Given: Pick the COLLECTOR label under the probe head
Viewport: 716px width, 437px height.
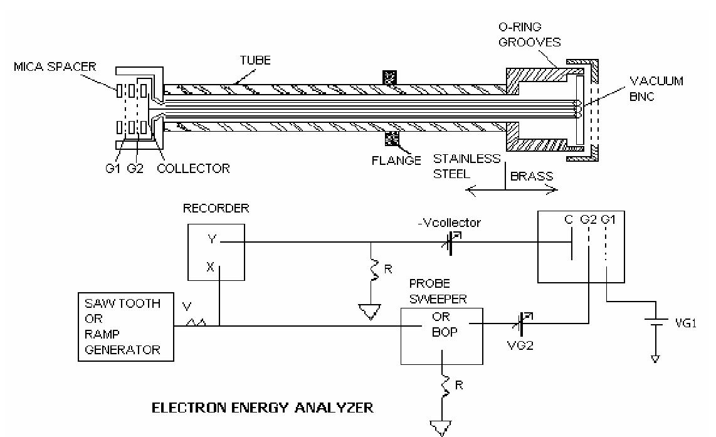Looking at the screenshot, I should click(193, 168).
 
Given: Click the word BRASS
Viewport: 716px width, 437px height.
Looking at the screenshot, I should click(532, 176).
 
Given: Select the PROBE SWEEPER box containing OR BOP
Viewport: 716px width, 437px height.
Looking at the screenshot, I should click(442, 335).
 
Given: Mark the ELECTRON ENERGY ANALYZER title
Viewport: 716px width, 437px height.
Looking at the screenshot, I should click(263, 408).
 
